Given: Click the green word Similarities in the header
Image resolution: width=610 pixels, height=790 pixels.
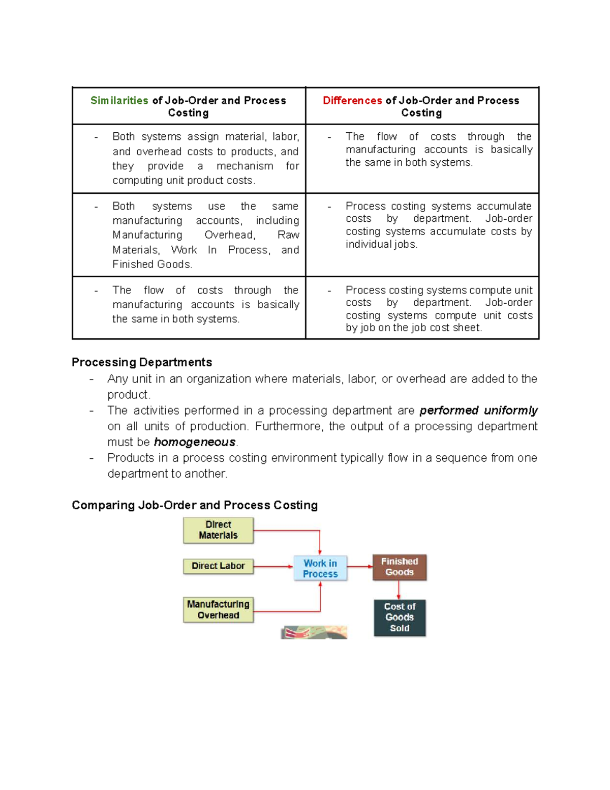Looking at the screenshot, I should [x=119, y=101].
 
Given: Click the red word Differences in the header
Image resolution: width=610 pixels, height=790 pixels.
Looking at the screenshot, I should [x=352, y=101].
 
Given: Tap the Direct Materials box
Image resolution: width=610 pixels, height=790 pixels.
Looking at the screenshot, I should [x=218, y=530].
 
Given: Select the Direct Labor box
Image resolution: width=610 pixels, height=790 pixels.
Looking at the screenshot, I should [x=218, y=566].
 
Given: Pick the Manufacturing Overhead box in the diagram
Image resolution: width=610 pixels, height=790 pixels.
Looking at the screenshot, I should [x=218, y=609].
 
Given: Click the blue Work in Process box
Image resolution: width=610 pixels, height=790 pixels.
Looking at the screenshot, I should [x=320, y=568].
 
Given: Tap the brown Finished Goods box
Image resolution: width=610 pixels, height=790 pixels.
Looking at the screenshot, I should [x=400, y=567].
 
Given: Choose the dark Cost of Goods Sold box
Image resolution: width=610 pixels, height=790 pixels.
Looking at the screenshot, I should [x=400, y=617].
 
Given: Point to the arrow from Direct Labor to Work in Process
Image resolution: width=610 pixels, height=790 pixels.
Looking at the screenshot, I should [x=273, y=566].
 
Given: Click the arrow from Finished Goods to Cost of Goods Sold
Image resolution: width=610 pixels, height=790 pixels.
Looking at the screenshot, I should [x=399, y=590].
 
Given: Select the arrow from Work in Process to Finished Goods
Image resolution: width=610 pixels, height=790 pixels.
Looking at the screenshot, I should [x=360, y=566].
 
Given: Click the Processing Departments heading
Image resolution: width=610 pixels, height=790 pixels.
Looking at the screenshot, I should [x=142, y=362].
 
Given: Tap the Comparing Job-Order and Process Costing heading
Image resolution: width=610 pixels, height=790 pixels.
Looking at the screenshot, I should [x=195, y=505].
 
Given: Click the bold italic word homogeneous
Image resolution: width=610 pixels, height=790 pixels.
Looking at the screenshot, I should [x=195, y=442].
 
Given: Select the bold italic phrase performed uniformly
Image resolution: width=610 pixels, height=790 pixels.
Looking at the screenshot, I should [x=478, y=411].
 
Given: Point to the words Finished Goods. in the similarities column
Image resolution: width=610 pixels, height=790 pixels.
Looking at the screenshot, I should [x=152, y=265].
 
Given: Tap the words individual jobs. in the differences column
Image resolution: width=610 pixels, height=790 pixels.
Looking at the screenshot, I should [x=381, y=245].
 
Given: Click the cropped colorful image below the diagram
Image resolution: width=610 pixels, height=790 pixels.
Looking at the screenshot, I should [x=314, y=632].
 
